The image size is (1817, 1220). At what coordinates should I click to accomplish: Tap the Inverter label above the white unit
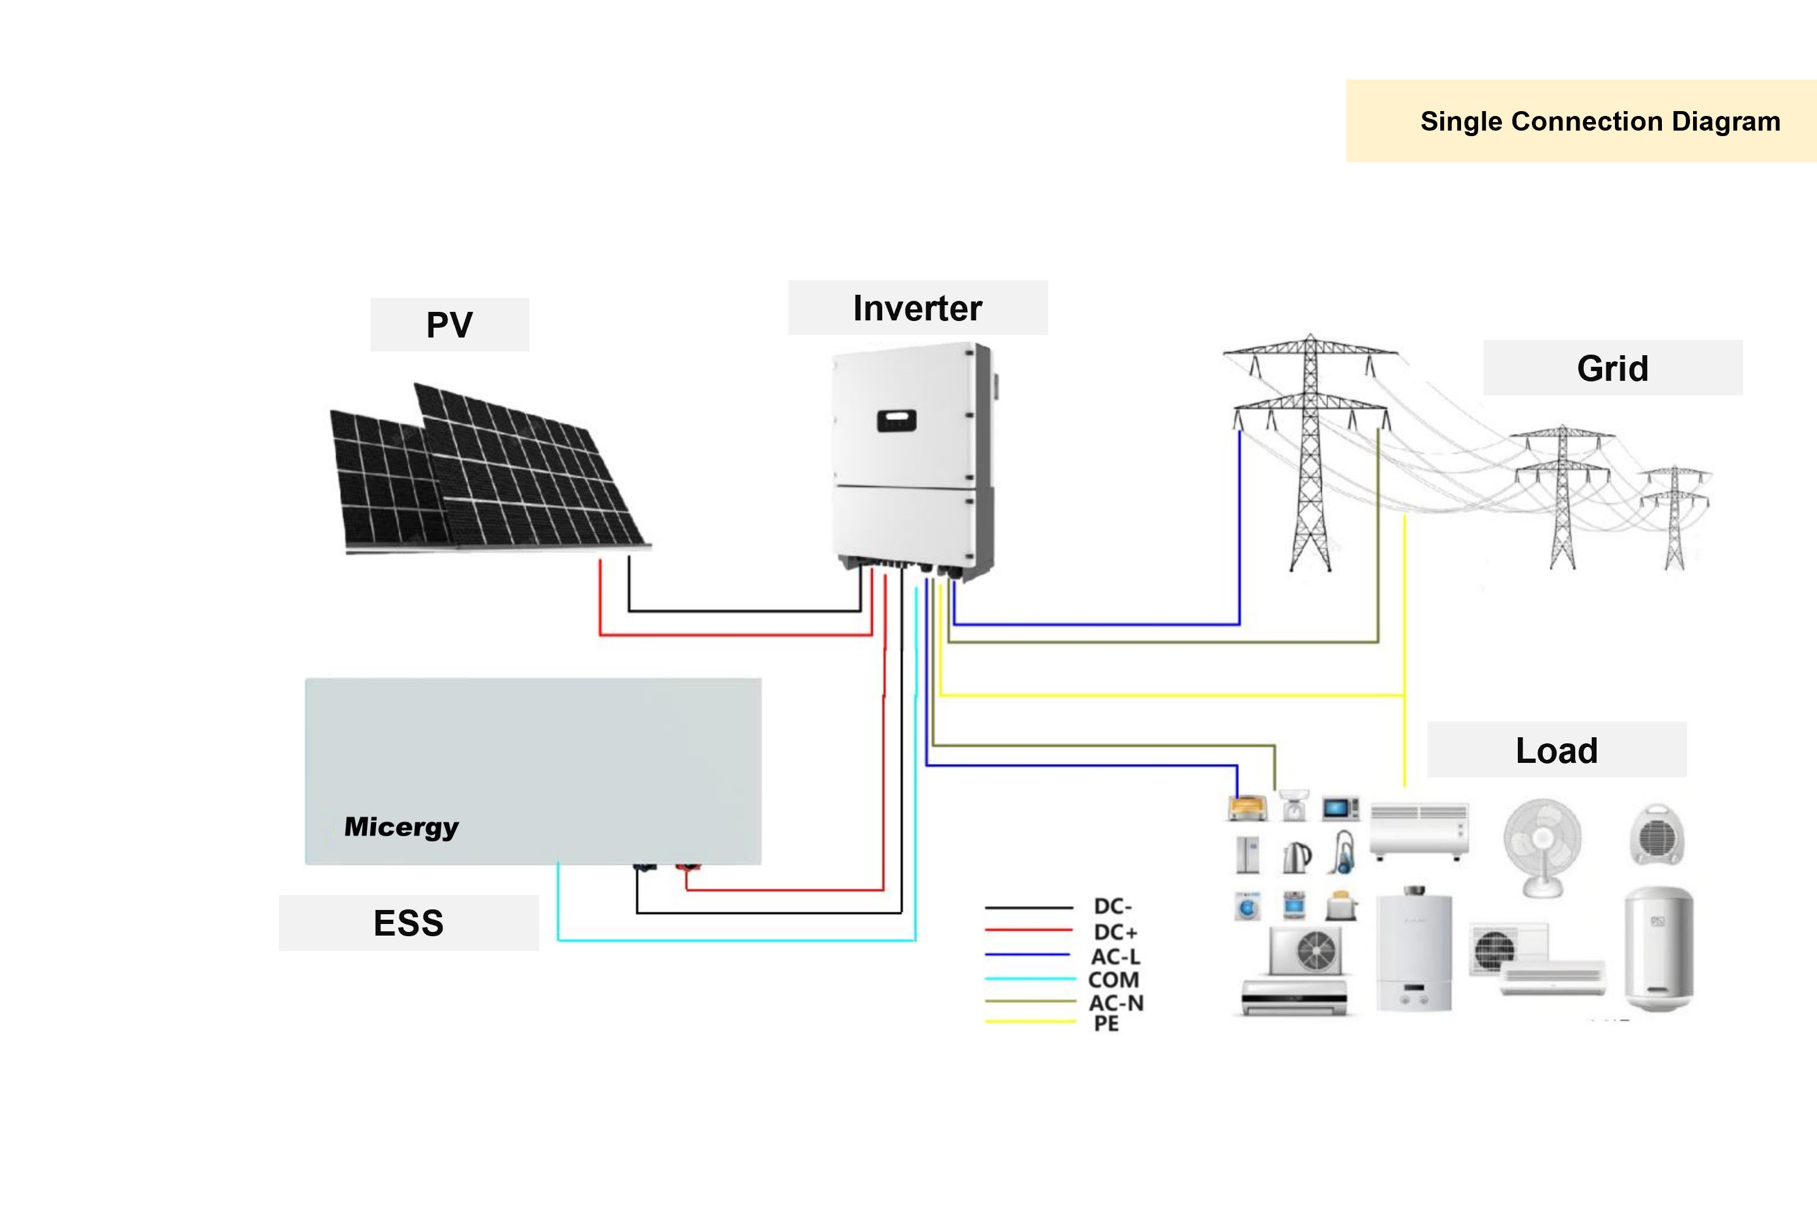coord(918,308)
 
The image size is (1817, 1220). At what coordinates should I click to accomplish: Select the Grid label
coord(1612,368)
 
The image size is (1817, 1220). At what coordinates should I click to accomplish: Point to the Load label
coord(1556,750)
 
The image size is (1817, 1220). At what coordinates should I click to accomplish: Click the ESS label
coord(408,923)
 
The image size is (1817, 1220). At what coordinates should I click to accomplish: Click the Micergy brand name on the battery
coord(402,827)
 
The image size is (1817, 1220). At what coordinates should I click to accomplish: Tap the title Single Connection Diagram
coord(1600,121)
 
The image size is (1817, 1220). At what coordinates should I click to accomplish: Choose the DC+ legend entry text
coord(1115,932)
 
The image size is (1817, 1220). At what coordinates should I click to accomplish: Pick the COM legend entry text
coord(1114,980)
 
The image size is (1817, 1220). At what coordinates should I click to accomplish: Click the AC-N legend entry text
coord(1116,1003)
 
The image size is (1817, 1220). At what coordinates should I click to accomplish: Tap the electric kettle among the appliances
coord(1296,857)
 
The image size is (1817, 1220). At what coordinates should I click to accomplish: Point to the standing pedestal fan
coord(1542,847)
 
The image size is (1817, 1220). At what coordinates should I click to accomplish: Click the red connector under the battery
coord(687,867)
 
